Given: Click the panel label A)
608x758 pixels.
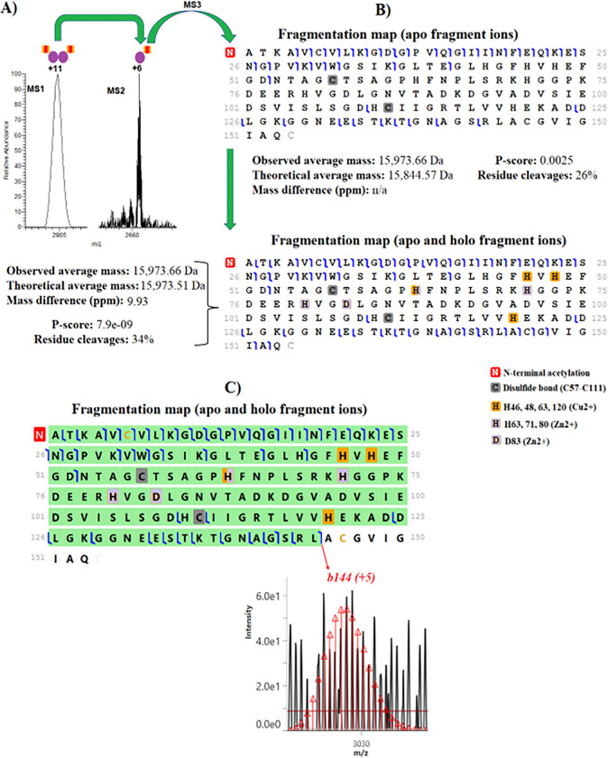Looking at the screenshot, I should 13,11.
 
